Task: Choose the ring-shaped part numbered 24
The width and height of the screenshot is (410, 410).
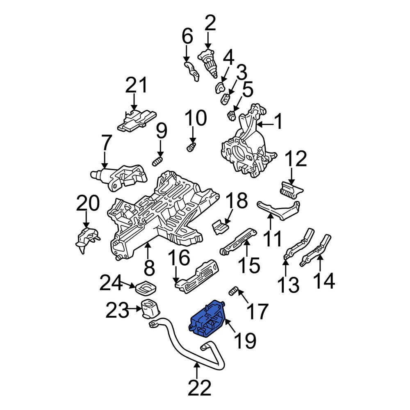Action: click(146, 288)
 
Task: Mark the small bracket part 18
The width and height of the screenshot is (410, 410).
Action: click(221, 226)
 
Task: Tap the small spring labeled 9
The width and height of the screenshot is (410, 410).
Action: click(158, 161)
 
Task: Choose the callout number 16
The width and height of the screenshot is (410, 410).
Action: click(179, 260)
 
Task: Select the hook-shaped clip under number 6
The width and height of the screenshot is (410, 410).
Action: click(191, 71)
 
